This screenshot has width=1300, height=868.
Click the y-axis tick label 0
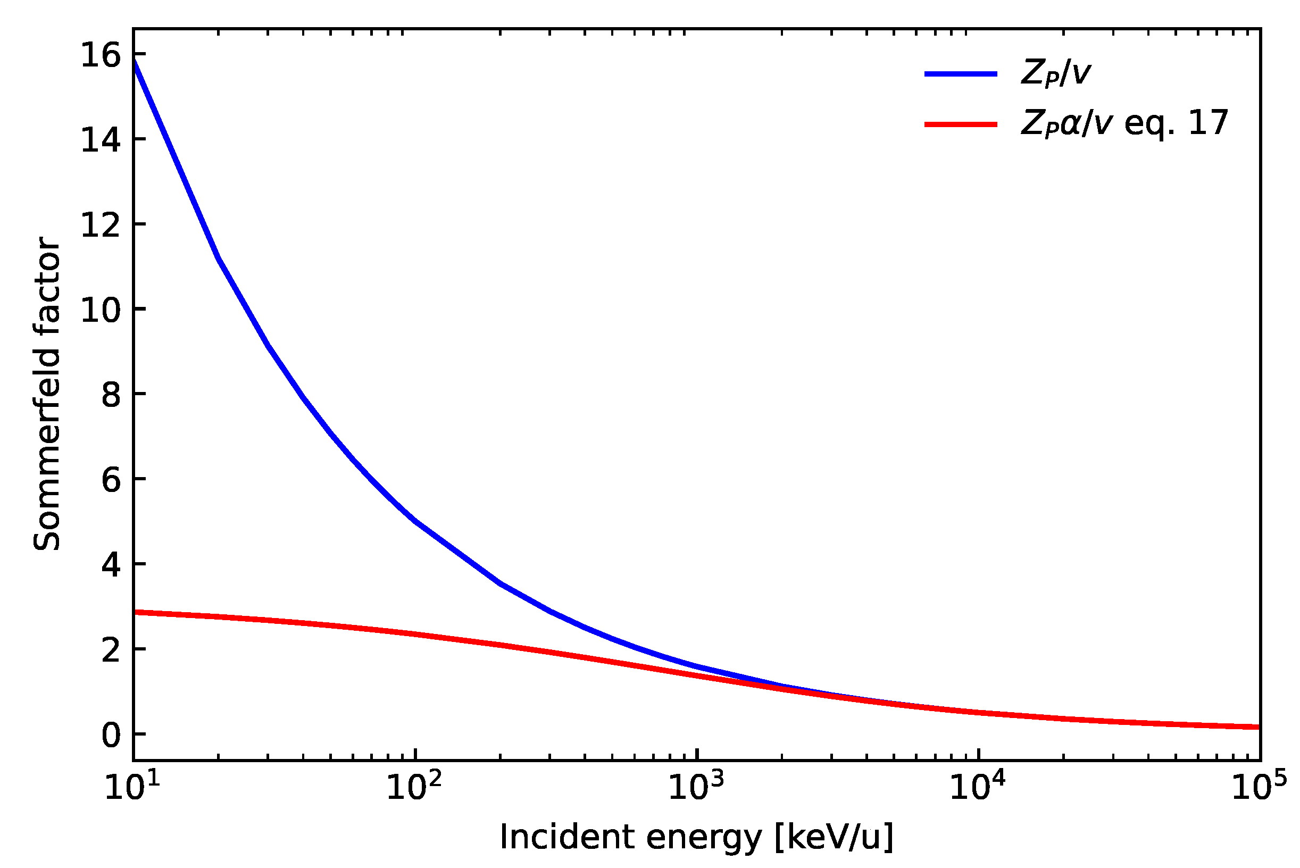tap(111, 736)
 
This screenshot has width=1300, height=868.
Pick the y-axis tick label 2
tap(111, 651)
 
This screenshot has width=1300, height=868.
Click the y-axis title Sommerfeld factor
tap(46, 394)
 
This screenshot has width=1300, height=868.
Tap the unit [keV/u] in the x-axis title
tap(834, 837)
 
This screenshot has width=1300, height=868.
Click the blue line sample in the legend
tap(961, 74)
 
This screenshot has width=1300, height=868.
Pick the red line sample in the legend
tap(961, 124)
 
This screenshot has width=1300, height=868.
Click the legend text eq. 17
tap(1176, 123)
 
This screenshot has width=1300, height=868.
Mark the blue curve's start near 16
tap(135, 60)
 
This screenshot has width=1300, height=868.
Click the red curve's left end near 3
tap(135, 612)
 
